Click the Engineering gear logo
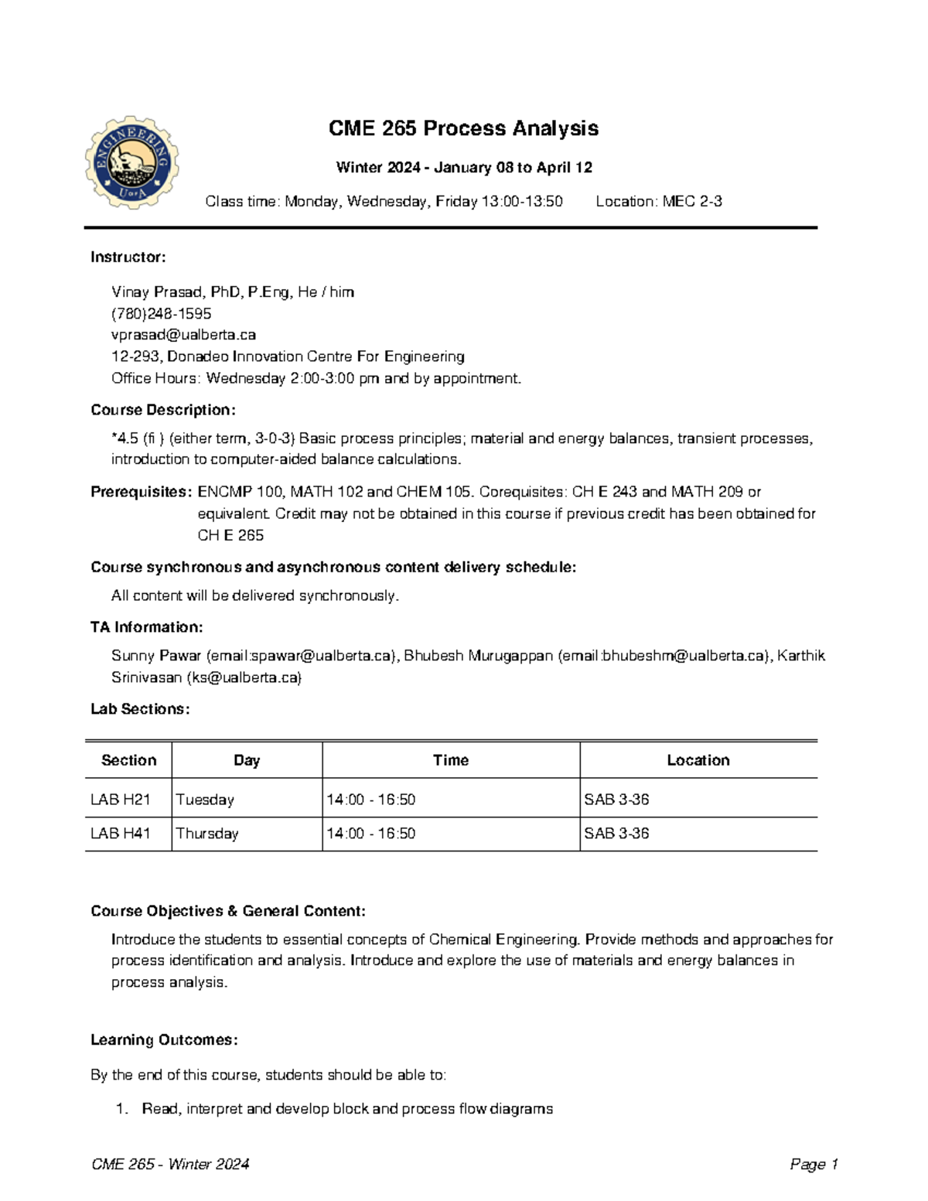132,163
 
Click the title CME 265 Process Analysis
463,128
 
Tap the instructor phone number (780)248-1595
162,313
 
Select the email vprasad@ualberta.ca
183,335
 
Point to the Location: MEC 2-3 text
659,202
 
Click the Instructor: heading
128,257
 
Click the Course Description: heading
163,410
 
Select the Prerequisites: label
141,492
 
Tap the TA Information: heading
147,627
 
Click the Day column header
247,760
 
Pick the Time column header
451,760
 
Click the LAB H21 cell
121,800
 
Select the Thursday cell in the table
207,834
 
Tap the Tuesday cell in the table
205,800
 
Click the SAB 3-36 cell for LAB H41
616,834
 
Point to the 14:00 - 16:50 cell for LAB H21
371,800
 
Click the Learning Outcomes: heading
164,1040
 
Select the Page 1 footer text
814,1165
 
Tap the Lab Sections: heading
140,709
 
